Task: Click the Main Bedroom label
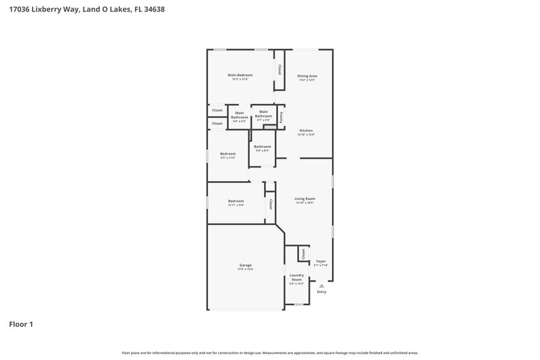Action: point(240,74)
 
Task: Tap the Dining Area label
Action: point(307,76)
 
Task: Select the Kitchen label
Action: point(306,130)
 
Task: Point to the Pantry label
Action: point(281,118)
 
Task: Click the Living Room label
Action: point(305,199)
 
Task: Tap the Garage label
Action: point(245,265)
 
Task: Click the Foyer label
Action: point(321,261)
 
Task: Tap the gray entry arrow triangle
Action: point(321,286)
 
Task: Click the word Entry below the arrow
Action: point(321,292)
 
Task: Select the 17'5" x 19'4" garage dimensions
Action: point(245,269)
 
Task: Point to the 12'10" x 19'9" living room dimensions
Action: point(305,203)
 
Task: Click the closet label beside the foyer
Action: point(304,254)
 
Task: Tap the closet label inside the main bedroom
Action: point(279,69)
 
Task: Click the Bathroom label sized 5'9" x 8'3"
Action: point(262,147)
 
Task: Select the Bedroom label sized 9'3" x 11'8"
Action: point(227,153)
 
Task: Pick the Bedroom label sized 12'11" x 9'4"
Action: point(236,201)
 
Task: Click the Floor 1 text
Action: point(21,324)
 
